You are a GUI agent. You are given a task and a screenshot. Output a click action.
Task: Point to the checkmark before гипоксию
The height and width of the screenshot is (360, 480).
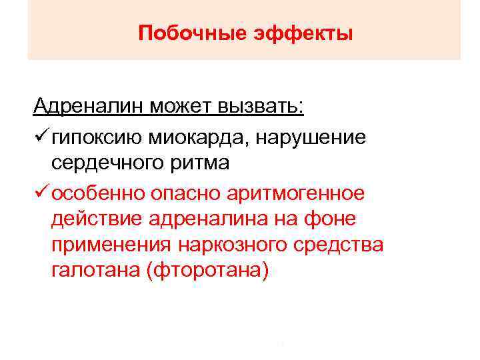click(41, 137)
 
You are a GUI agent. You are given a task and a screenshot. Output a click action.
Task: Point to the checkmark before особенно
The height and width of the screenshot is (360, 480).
click(41, 193)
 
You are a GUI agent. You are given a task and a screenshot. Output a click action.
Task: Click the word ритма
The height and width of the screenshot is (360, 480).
click(201, 163)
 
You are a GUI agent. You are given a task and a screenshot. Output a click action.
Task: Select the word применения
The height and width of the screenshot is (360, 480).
click(110, 246)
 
